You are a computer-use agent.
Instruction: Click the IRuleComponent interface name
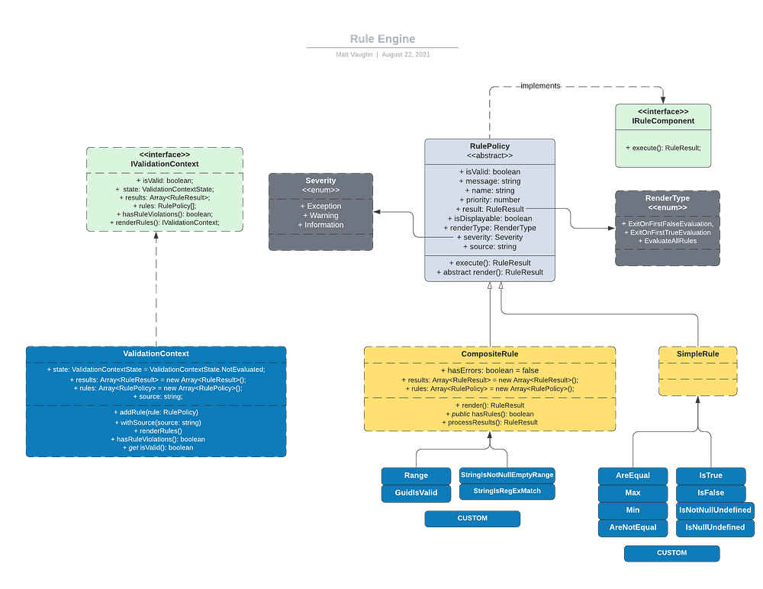click(x=663, y=120)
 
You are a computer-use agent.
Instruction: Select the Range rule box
click(x=416, y=475)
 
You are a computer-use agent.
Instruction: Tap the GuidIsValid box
click(x=416, y=493)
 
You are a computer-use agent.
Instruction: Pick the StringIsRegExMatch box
click(x=507, y=491)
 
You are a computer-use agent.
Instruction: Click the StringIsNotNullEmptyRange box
click(x=507, y=475)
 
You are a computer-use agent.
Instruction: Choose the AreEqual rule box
click(x=633, y=475)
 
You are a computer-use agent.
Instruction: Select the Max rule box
click(x=633, y=493)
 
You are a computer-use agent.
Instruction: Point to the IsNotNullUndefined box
click(x=714, y=510)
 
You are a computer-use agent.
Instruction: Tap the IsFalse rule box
click(x=710, y=493)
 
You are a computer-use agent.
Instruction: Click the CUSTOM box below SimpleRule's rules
click(x=671, y=553)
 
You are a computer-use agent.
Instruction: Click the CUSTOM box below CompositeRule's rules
click(x=472, y=519)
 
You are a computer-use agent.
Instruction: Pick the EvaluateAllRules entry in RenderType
click(x=667, y=241)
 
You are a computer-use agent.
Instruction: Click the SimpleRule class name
click(x=698, y=354)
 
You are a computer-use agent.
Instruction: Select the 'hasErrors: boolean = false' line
click(x=489, y=370)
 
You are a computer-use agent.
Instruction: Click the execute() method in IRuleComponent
click(x=663, y=148)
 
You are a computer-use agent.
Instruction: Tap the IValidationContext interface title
click(x=164, y=164)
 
